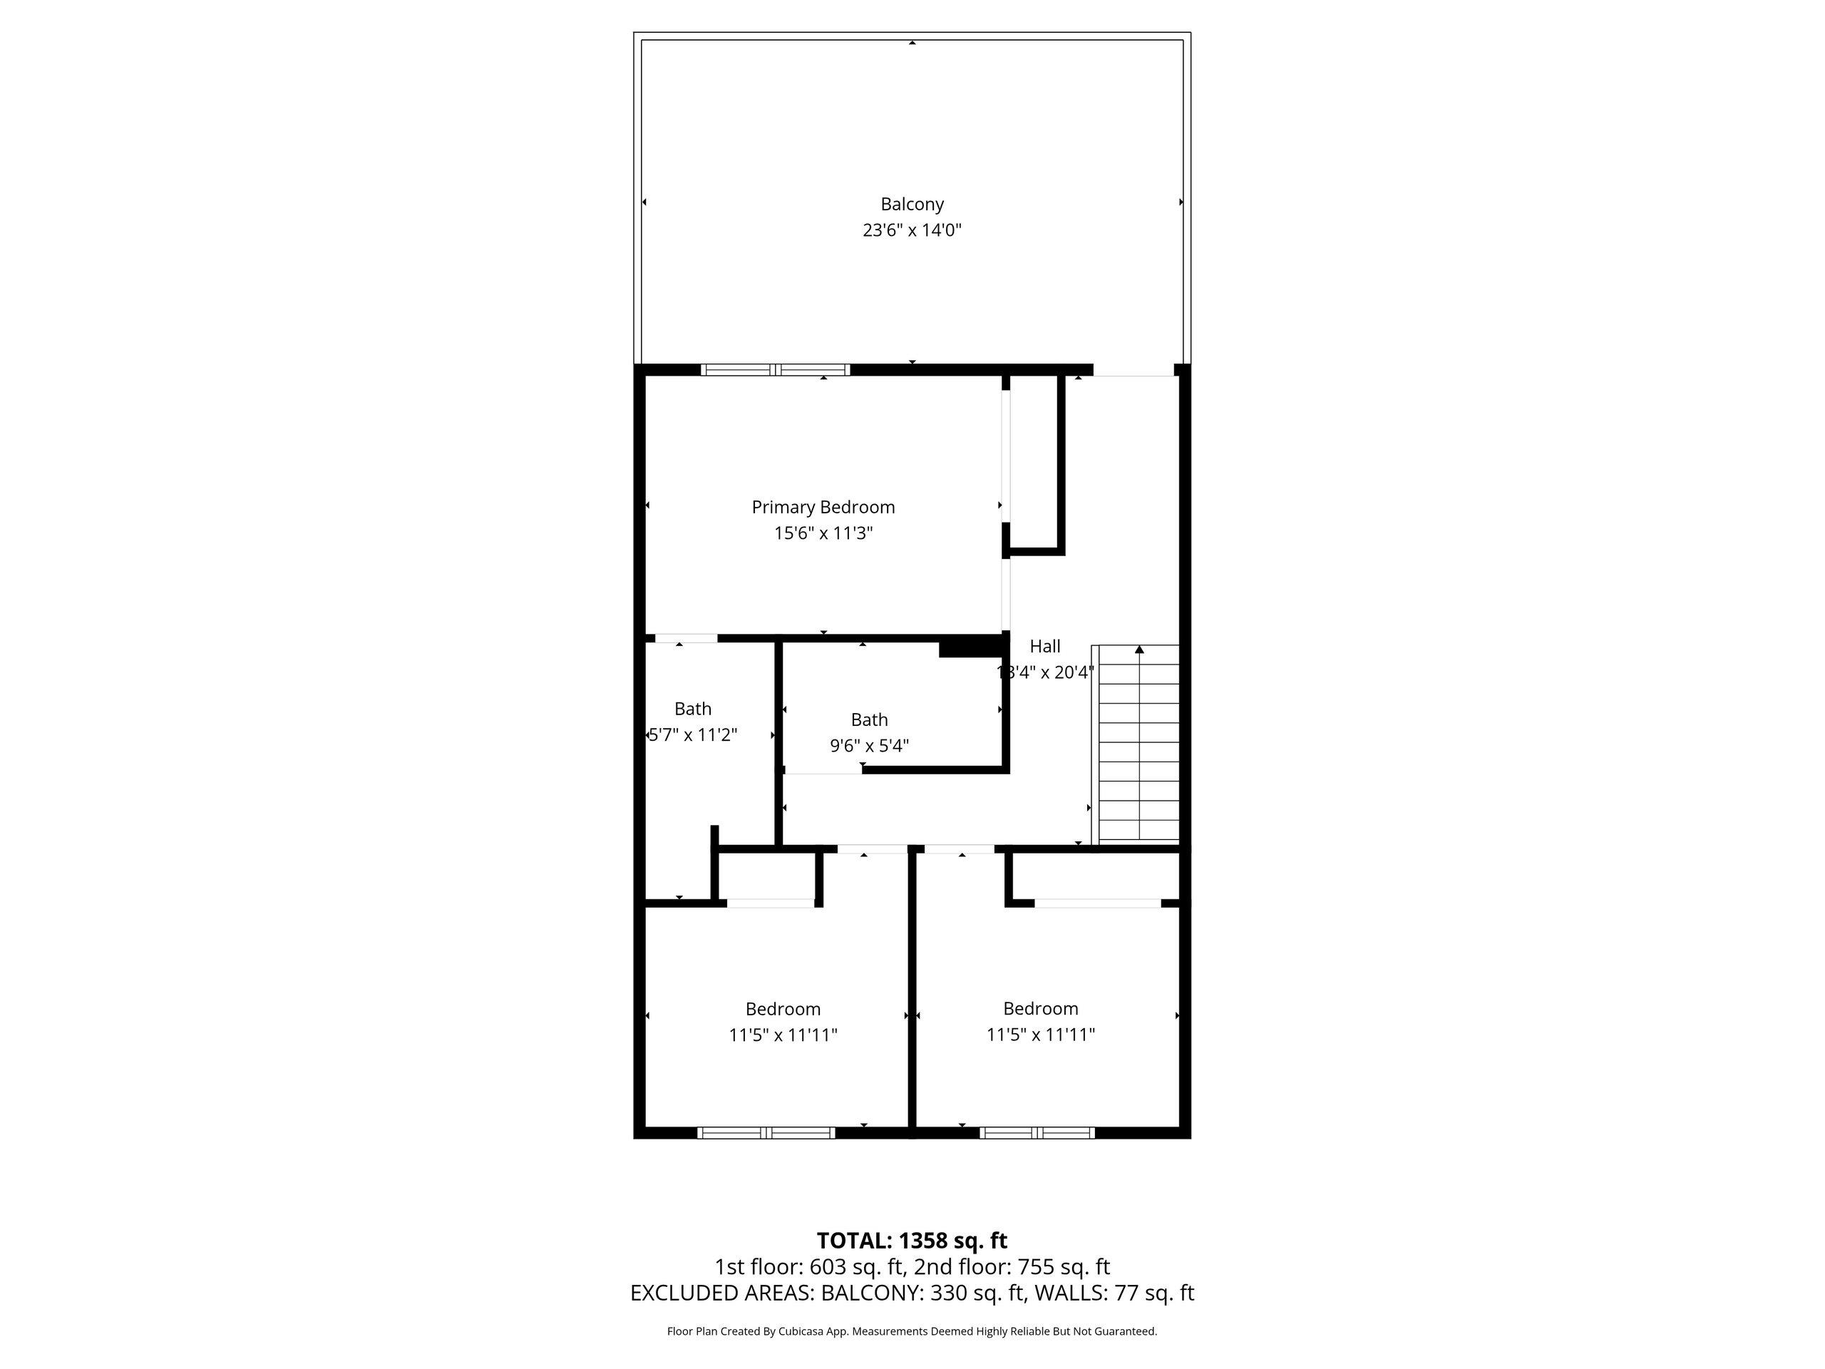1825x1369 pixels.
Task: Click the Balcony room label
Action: coord(912,204)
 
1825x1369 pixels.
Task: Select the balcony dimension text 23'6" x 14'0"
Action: coord(912,230)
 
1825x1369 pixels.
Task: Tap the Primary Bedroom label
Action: coord(823,507)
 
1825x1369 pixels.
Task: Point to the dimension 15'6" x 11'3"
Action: coord(823,533)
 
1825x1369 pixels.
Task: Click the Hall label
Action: coord(1044,646)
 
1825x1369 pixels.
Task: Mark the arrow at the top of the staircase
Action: coord(1139,650)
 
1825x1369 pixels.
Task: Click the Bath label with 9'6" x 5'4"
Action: coord(869,719)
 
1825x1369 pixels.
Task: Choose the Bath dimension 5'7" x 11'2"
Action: coord(692,734)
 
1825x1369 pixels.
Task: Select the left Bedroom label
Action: coord(782,1008)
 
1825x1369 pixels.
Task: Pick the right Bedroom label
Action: coord(1040,1008)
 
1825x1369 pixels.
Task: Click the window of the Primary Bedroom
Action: coord(775,369)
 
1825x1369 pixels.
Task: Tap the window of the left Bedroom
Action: coord(766,1133)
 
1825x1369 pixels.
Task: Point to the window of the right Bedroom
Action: coord(1037,1133)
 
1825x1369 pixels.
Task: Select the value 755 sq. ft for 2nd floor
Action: coord(1064,1266)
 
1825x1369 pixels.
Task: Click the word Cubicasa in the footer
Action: coord(801,1331)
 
